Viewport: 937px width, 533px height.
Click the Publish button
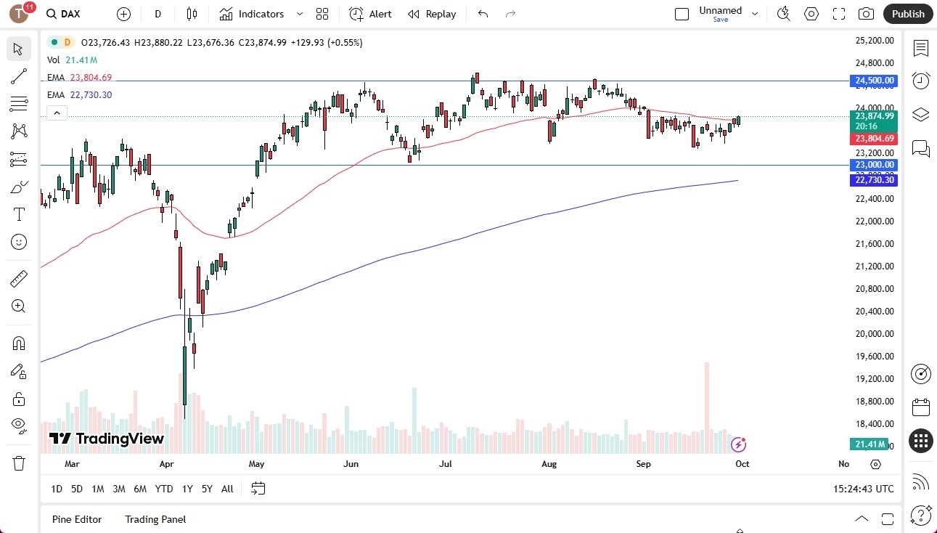pyautogui.click(x=908, y=14)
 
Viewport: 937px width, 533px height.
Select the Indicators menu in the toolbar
pyautogui.click(x=252, y=14)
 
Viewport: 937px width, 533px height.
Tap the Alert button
pyautogui.click(x=370, y=14)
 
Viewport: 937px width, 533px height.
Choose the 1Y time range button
pyautogui.click(x=187, y=489)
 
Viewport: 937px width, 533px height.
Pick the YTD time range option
pyautogui.click(x=164, y=489)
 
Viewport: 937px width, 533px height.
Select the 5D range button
pyautogui.click(x=77, y=489)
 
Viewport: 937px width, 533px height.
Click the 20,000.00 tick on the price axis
pyautogui.click(x=874, y=334)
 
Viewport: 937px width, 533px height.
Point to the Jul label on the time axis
pyautogui.click(x=446, y=463)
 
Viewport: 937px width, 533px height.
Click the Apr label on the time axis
pyautogui.click(x=166, y=463)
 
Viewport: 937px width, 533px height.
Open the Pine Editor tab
pyautogui.click(x=77, y=519)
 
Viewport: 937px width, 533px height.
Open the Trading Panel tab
pyautogui.click(x=155, y=519)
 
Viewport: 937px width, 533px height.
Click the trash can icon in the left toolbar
pyautogui.click(x=19, y=463)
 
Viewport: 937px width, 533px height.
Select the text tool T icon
pyautogui.click(x=19, y=215)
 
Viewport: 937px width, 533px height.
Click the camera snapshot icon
pyautogui.click(x=866, y=14)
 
